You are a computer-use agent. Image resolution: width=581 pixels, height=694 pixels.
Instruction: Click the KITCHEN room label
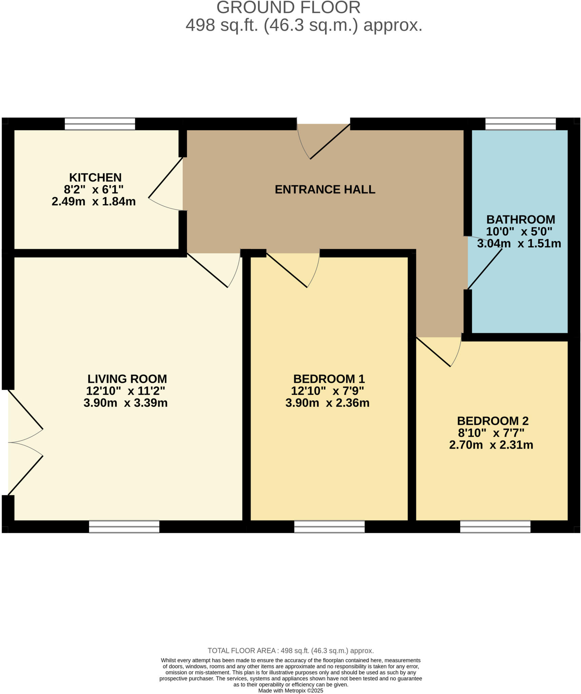(x=95, y=178)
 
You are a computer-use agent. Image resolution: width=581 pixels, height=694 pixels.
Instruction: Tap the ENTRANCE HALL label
(x=325, y=189)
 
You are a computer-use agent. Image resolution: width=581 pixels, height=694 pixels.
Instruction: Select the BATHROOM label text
(x=520, y=220)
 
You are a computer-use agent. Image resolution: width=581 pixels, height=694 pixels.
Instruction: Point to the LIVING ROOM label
(x=127, y=379)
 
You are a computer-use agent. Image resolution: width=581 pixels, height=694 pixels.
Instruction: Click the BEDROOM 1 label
(x=329, y=379)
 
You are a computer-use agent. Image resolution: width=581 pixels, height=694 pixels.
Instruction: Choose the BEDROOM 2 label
(x=493, y=421)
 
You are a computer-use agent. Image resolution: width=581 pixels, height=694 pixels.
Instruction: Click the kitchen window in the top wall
(x=100, y=124)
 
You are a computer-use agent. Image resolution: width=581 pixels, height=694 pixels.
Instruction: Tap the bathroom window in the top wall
(x=520, y=124)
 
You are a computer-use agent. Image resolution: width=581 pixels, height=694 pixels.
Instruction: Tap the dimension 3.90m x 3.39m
(x=125, y=403)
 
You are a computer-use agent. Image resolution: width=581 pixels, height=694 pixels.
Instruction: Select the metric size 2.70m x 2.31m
(x=491, y=445)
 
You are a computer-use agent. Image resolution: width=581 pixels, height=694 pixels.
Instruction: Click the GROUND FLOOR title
(x=288, y=7)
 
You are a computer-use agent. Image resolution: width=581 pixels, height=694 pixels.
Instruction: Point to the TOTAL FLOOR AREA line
(x=290, y=651)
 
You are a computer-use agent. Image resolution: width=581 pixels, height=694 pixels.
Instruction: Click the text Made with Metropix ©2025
(x=290, y=690)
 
